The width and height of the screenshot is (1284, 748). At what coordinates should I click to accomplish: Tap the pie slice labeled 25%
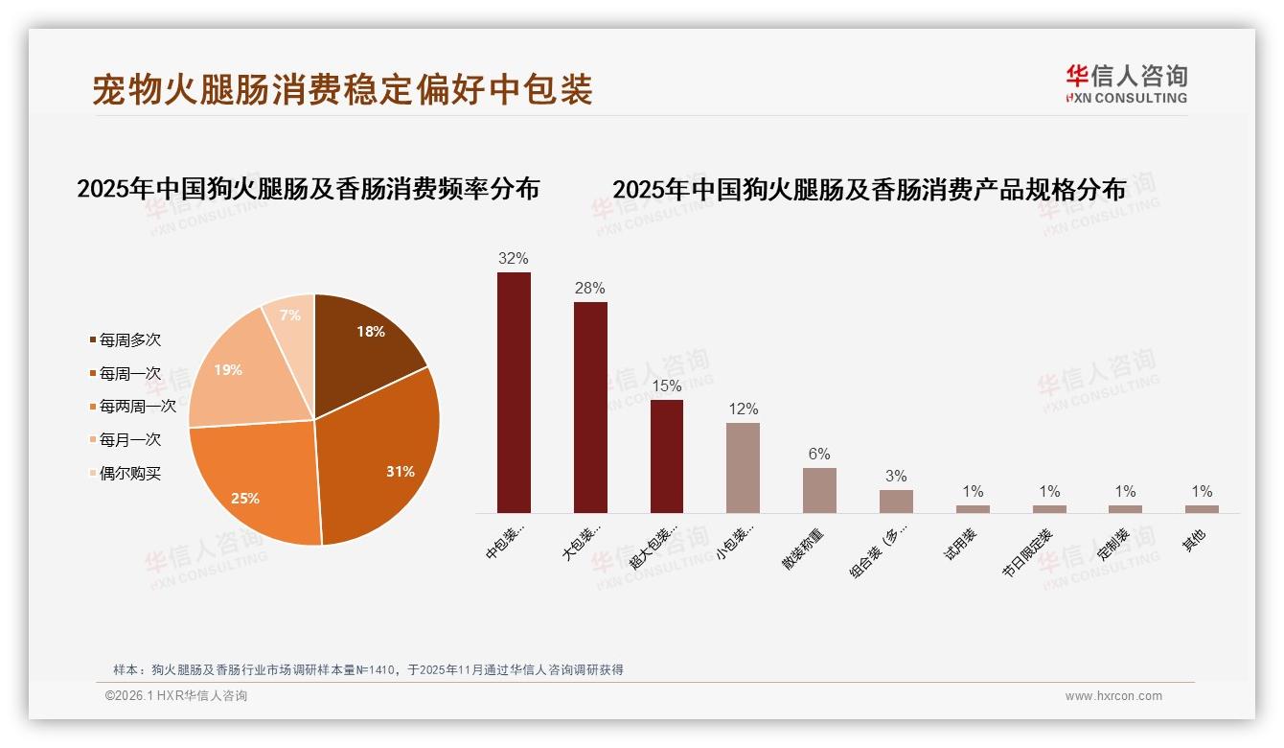pyautogui.click(x=254, y=484)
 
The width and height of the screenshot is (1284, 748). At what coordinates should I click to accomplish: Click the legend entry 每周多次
pyautogui.click(x=129, y=340)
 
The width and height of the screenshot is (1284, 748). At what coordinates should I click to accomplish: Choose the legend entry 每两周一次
pyautogui.click(x=137, y=407)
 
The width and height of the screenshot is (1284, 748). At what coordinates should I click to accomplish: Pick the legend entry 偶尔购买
pyautogui.click(x=129, y=474)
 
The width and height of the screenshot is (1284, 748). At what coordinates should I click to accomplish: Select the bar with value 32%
pyautogui.click(x=514, y=393)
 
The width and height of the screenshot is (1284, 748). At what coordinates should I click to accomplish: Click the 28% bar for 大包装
pyautogui.click(x=590, y=408)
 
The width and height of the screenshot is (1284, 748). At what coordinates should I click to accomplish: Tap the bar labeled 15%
pyautogui.click(x=667, y=456)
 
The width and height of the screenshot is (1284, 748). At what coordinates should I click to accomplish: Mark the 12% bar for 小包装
pyautogui.click(x=743, y=468)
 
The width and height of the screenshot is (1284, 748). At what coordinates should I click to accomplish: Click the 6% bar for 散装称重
pyautogui.click(x=819, y=490)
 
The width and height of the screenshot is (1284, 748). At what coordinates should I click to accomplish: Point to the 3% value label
pyautogui.click(x=896, y=477)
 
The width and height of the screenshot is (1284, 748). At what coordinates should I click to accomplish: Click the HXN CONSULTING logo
pyautogui.click(x=1126, y=84)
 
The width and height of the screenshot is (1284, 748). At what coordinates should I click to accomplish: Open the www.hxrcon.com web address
pyautogui.click(x=1113, y=696)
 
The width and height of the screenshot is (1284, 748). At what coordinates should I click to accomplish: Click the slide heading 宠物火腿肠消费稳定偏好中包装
pyautogui.click(x=342, y=89)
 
